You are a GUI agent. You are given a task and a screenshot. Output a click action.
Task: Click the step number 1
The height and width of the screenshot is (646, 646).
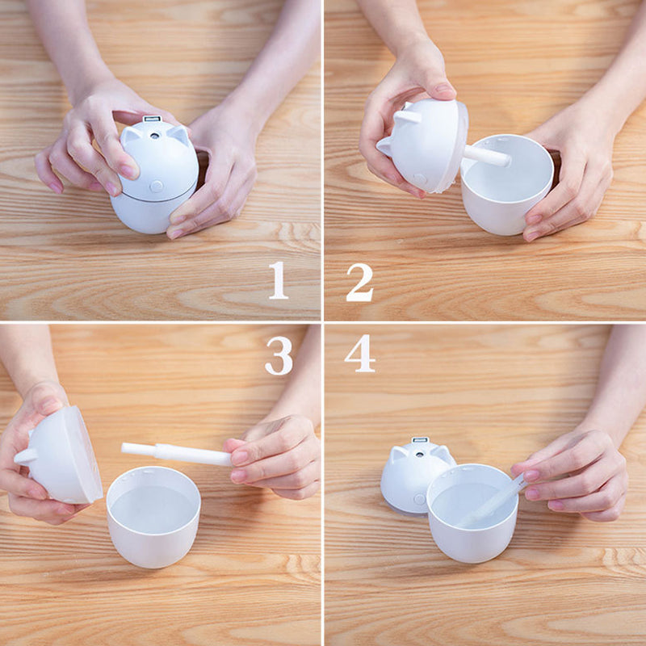click(278, 280)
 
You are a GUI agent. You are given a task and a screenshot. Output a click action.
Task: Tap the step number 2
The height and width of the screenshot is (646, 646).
click(359, 282)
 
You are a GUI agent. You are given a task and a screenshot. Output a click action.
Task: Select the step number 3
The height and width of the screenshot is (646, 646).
click(279, 355)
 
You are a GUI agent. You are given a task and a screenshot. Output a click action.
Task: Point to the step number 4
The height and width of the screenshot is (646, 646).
click(359, 354)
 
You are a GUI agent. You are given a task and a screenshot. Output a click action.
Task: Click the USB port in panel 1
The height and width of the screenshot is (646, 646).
click(152, 119)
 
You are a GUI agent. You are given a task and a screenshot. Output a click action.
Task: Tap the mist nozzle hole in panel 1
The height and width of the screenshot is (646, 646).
click(154, 135)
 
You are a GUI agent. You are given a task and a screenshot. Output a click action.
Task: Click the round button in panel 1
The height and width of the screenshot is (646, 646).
click(156, 187)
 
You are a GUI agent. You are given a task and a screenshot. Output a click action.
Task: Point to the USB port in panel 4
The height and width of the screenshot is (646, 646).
click(420, 440)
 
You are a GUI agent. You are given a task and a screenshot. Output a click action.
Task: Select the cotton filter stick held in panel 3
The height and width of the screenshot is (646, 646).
click(176, 454)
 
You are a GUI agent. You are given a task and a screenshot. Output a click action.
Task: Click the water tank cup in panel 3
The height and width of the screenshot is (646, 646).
click(153, 517)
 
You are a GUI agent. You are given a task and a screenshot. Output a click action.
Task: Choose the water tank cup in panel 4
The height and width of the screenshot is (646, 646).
click(472, 513)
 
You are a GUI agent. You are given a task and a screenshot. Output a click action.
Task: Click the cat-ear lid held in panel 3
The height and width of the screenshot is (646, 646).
click(59, 457)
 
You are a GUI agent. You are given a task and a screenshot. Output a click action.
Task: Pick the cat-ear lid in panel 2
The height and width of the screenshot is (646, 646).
click(423, 145)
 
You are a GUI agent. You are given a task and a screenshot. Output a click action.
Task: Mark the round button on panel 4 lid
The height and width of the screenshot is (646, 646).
click(419, 499)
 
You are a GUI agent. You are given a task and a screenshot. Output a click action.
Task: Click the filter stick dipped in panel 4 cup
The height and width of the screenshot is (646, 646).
click(493, 501)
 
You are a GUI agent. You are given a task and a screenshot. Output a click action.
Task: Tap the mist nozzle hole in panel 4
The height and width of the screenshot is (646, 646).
click(419, 455)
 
